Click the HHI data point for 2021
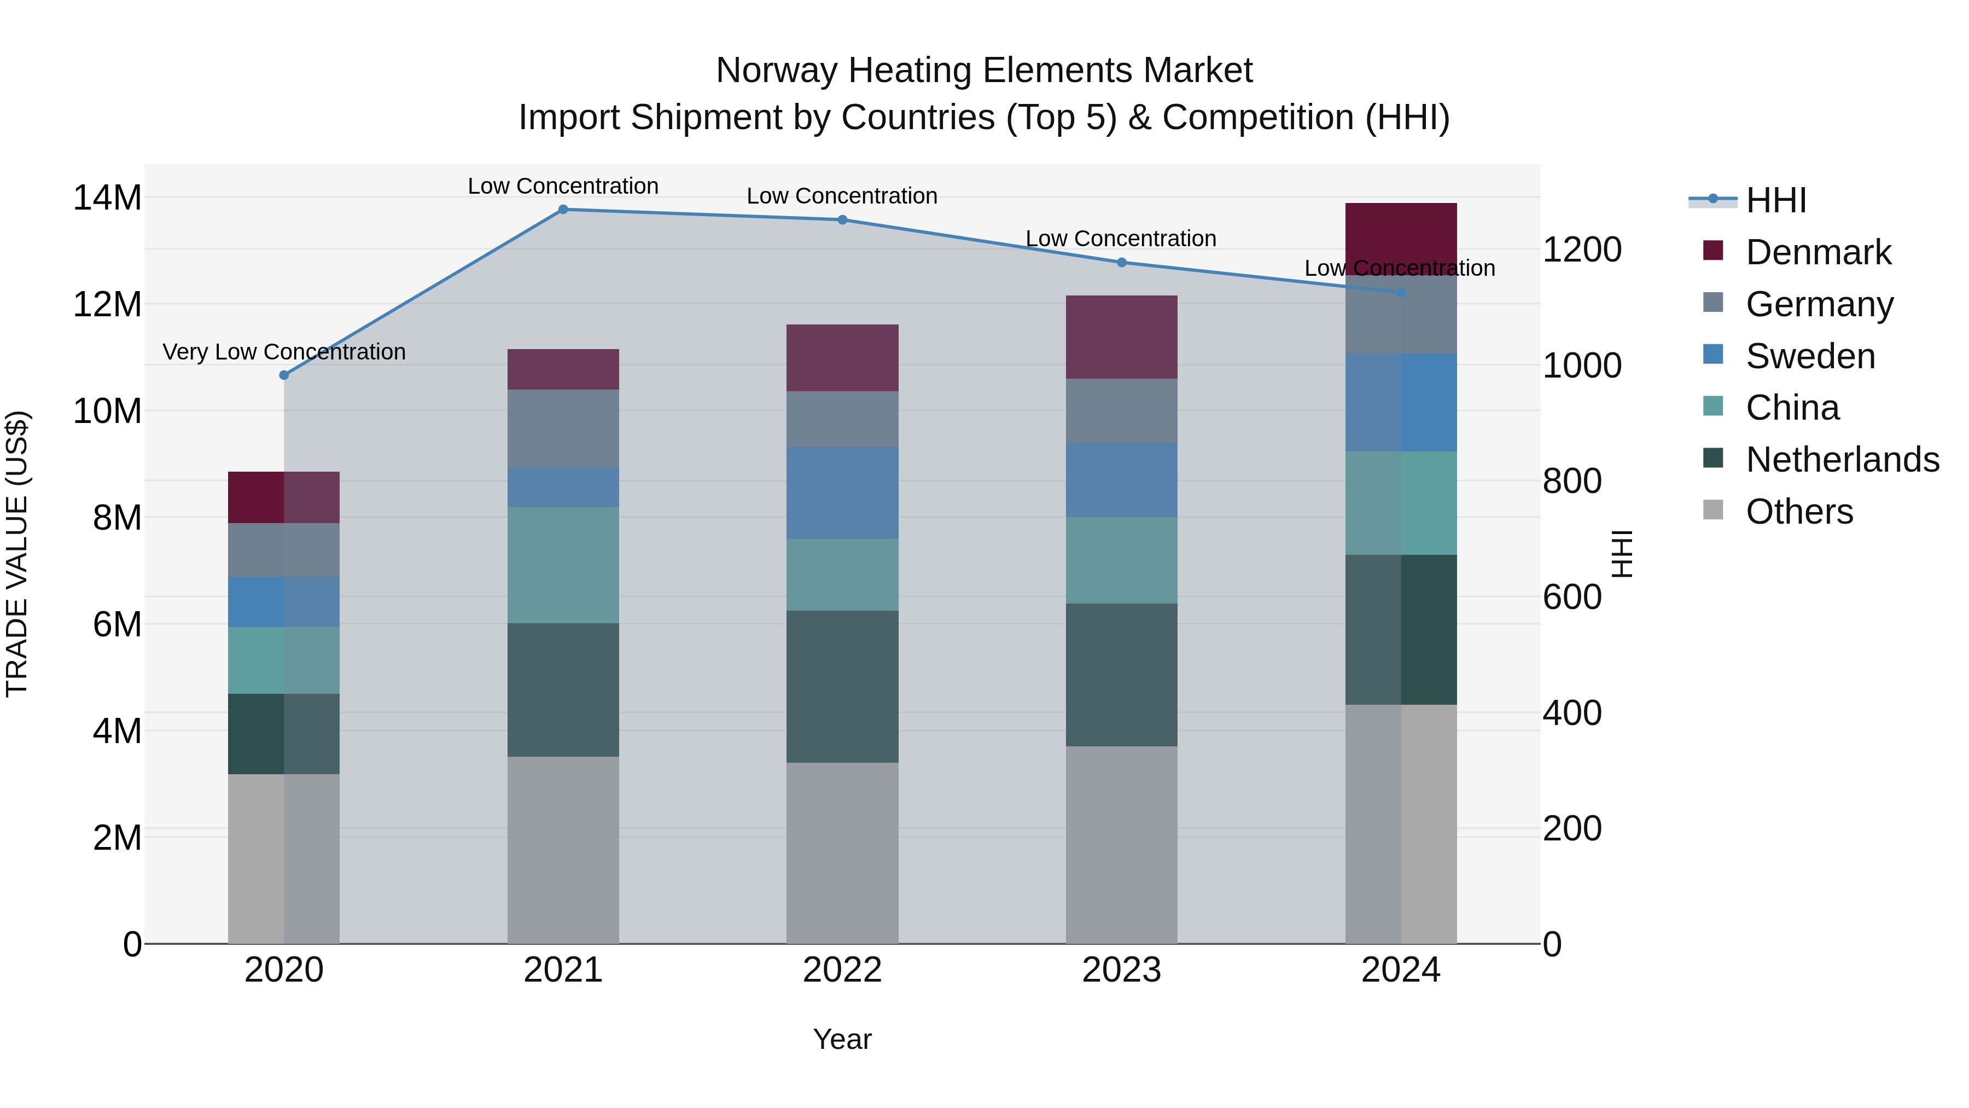pyautogui.click(x=563, y=210)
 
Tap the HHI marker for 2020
pyautogui.click(x=284, y=375)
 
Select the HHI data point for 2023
pyautogui.click(x=1121, y=262)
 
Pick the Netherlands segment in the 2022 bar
pyautogui.click(x=842, y=686)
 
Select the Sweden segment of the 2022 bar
pyautogui.click(x=842, y=492)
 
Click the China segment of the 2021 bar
pyautogui.click(x=563, y=565)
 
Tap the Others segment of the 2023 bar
pyautogui.click(x=1121, y=844)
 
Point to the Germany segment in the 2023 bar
pyautogui.click(x=1121, y=410)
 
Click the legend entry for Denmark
pyautogui.click(x=1817, y=252)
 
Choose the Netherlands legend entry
pyautogui.click(x=1842, y=460)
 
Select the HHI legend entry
pyautogui.click(x=1775, y=200)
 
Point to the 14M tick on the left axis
pyautogui.click(x=107, y=198)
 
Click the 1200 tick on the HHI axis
pyautogui.click(x=1581, y=250)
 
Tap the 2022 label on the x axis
pyautogui.click(x=842, y=970)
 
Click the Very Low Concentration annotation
pyautogui.click(x=284, y=352)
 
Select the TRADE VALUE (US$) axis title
pyautogui.click(x=17, y=554)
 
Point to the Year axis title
pyautogui.click(x=842, y=1039)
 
